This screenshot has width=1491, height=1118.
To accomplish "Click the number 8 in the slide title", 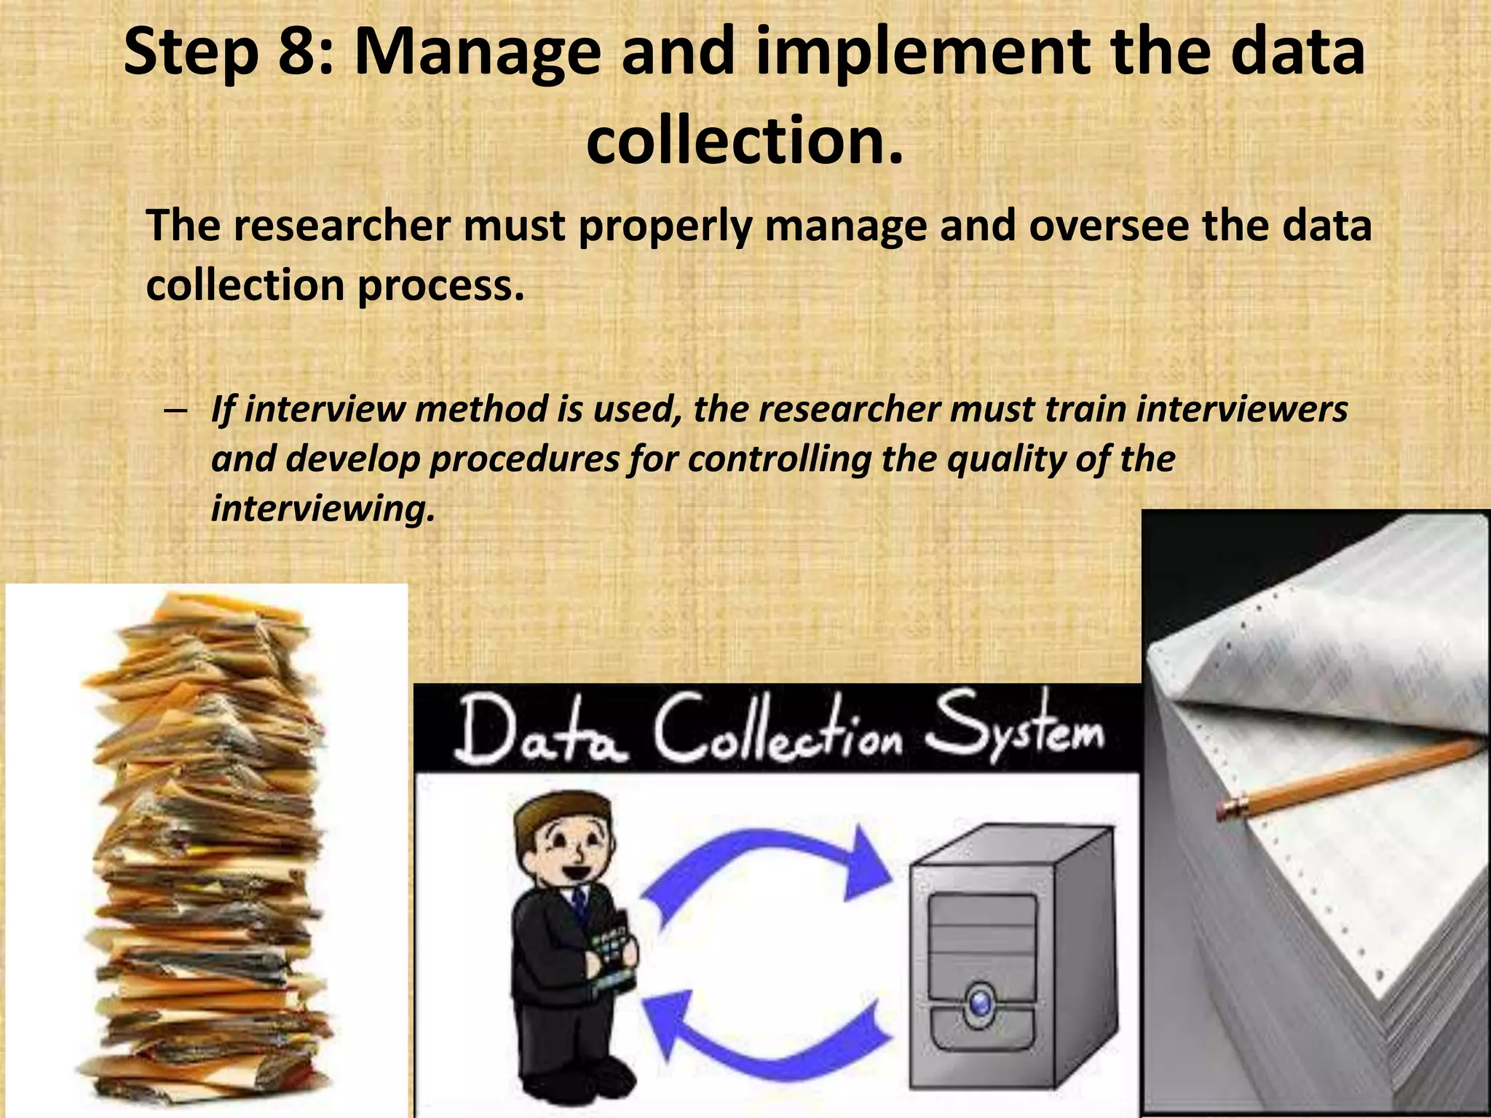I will tap(297, 52).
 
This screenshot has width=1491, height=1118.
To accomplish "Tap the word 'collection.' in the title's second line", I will tap(745, 140).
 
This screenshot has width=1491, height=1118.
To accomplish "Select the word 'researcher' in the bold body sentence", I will tap(342, 226).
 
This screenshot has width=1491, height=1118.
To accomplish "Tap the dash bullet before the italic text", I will tap(175, 410).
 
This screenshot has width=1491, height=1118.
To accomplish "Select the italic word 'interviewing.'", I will tap(323, 508).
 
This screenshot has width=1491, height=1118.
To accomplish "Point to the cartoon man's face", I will tap(568, 844).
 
